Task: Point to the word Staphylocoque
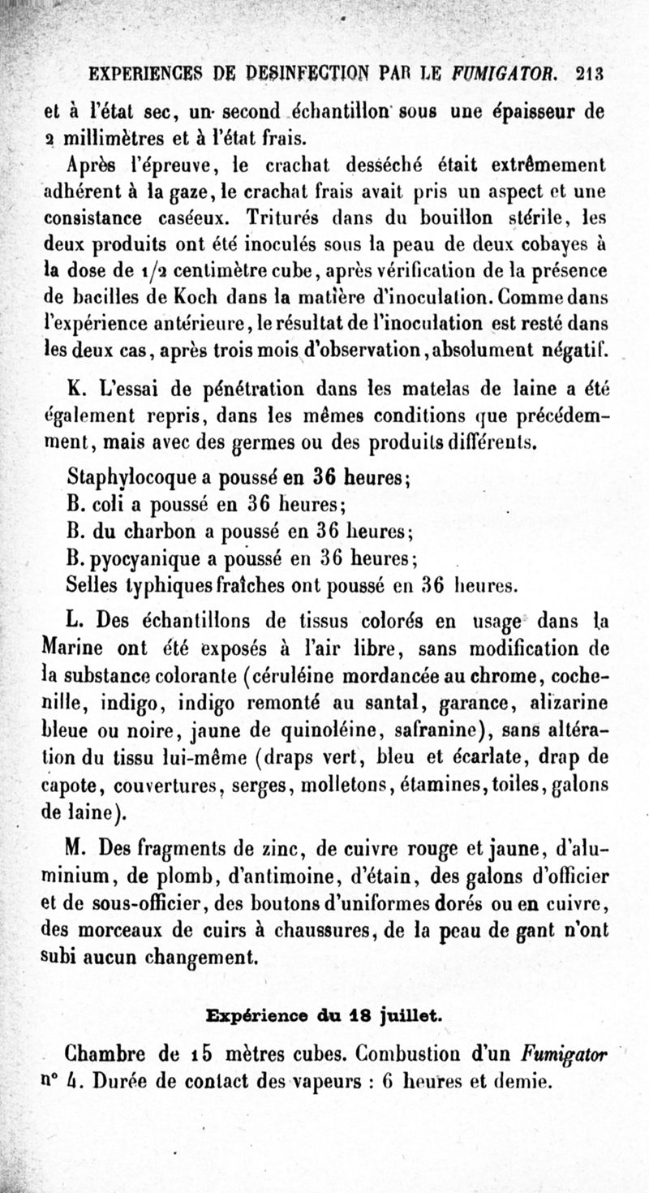coord(122,477)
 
